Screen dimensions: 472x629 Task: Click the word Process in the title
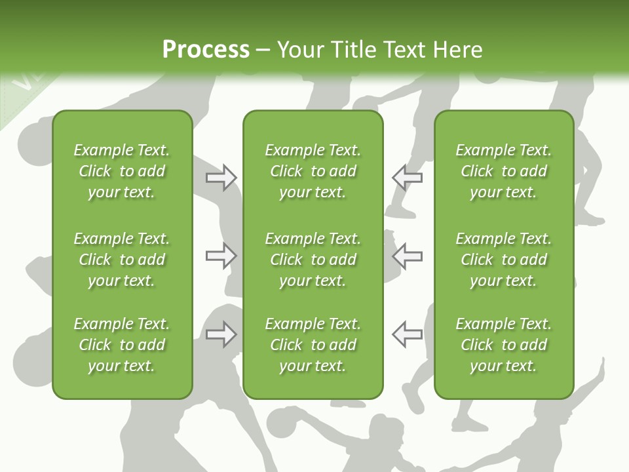pyautogui.click(x=206, y=50)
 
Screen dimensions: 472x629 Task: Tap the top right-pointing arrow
pyautogui.click(x=221, y=178)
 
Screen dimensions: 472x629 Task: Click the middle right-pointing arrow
pyautogui.click(x=221, y=256)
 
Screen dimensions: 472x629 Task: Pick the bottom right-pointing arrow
pyautogui.click(x=221, y=334)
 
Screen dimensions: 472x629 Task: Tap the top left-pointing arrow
pyautogui.click(x=407, y=178)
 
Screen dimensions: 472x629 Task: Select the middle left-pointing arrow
pyautogui.click(x=407, y=256)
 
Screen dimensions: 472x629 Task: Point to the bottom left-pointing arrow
pyautogui.click(x=407, y=334)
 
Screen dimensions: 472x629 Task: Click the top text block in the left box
pyautogui.click(x=122, y=171)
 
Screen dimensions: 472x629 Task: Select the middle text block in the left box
pyautogui.click(x=122, y=260)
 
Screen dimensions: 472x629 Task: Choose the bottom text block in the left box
pyautogui.click(x=122, y=345)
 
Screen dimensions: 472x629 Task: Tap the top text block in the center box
pyautogui.click(x=313, y=171)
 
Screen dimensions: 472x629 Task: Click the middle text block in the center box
pyautogui.click(x=313, y=260)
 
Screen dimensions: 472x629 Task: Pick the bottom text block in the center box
pyautogui.click(x=313, y=345)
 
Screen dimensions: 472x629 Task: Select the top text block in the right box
pyautogui.click(x=503, y=171)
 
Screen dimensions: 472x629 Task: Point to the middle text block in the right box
pyautogui.click(x=503, y=260)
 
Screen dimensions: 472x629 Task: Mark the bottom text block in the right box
pyautogui.click(x=503, y=345)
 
